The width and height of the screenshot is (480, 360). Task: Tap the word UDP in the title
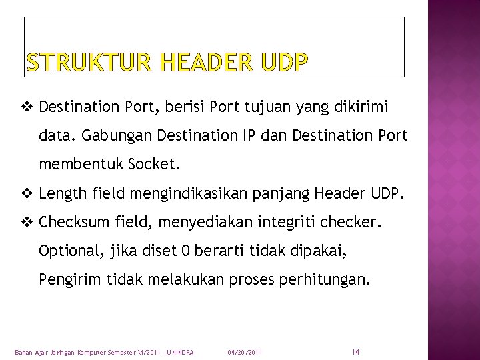[x=285, y=63]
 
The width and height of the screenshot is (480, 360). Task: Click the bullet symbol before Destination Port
[x=29, y=107]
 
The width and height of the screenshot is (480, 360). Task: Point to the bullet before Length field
[x=29, y=194]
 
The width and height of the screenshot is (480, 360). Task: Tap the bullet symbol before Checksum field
[x=29, y=223]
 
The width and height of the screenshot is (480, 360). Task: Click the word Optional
[x=69, y=251]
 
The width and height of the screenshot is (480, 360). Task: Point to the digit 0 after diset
[x=186, y=251]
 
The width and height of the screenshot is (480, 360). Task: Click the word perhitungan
[x=323, y=280]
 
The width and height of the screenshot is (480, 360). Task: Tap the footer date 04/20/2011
[x=245, y=352]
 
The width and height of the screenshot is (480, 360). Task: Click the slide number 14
[x=355, y=351]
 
